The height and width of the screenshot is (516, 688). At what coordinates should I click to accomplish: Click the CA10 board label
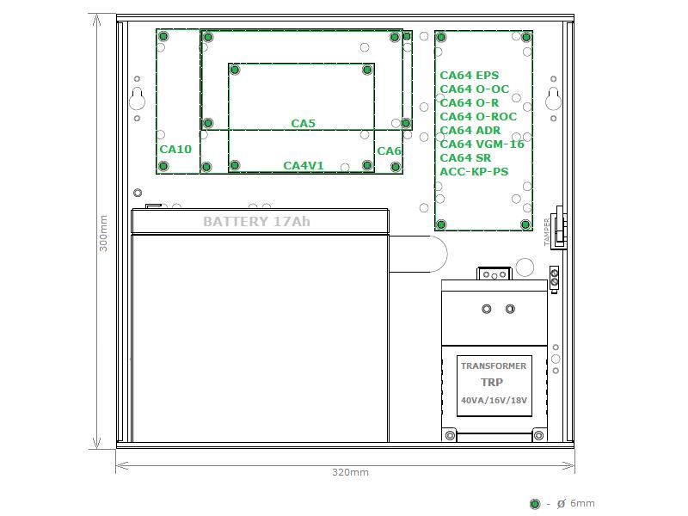pos(175,149)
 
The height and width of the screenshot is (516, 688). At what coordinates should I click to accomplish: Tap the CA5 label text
pos(304,123)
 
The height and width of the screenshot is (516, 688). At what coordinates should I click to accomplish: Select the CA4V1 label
pos(304,165)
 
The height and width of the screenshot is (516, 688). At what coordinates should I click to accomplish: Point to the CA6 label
pos(390,151)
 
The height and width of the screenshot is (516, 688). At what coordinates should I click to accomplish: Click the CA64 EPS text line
pos(469,76)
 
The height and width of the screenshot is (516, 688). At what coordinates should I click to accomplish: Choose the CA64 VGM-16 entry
pos(482,144)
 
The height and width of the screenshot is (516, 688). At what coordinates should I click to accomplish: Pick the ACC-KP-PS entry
pos(474,171)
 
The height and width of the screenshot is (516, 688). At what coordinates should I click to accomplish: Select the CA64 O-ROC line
pos(478,117)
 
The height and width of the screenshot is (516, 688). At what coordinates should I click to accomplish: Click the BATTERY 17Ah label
pos(256,222)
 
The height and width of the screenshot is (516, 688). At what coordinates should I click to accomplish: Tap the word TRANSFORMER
pos(494,366)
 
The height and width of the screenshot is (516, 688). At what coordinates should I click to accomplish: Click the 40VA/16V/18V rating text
pos(494,400)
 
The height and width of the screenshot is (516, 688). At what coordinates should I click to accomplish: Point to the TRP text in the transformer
pos(492,383)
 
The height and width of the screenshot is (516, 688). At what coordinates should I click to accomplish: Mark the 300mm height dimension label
pos(103,233)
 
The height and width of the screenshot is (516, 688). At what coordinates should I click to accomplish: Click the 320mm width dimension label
pos(350,472)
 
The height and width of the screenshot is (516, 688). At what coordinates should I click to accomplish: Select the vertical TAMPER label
pos(547,231)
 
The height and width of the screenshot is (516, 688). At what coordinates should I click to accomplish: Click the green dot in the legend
pos(535,504)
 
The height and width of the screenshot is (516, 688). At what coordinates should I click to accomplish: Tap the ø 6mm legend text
pos(575,503)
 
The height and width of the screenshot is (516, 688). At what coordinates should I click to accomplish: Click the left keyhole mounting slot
pos(138,99)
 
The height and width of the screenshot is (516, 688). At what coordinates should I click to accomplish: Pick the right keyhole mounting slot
pos(553,99)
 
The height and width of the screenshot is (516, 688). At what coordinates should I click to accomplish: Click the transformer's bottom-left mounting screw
pos(450,435)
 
